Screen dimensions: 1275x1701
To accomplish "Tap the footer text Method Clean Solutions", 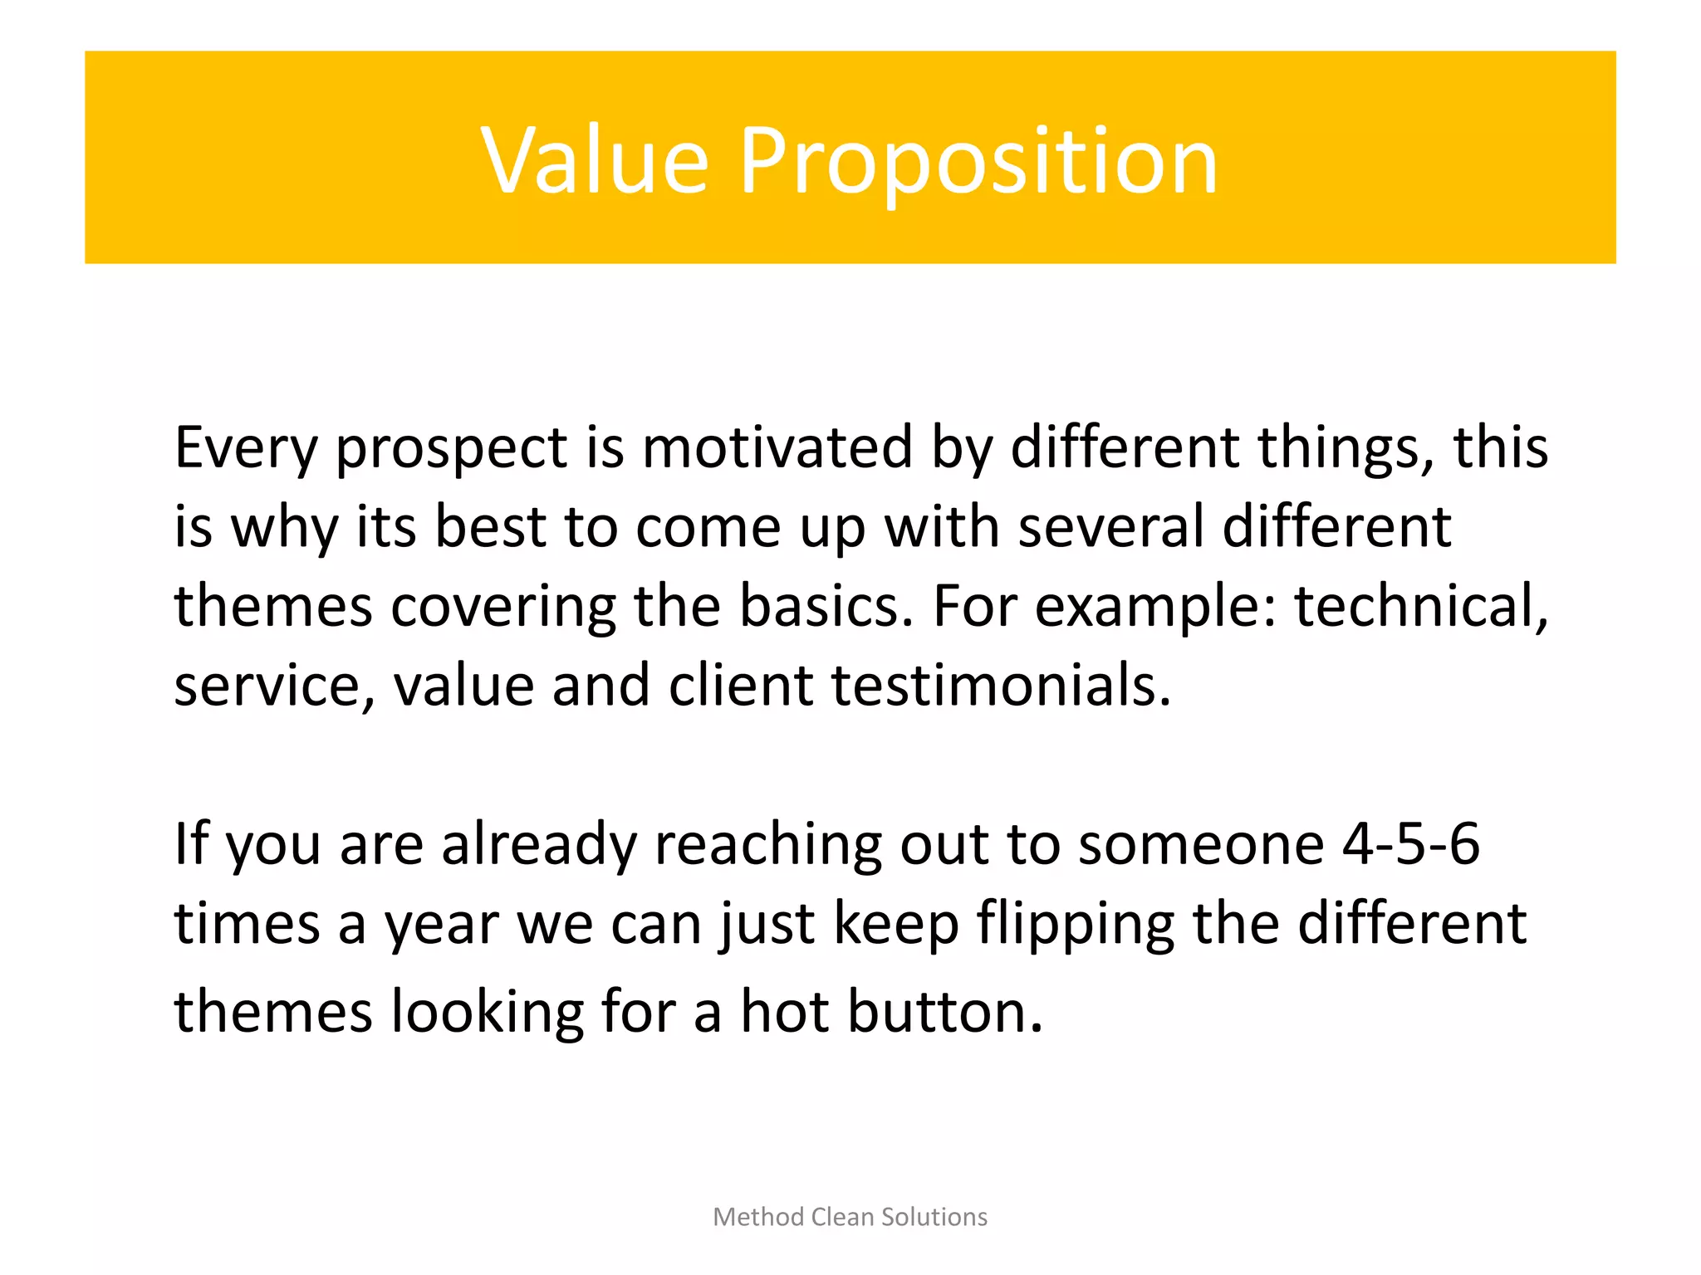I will pyautogui.click(x=850, y=1217).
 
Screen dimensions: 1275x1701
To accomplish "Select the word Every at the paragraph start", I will pyautogui.click(x=246, y=448).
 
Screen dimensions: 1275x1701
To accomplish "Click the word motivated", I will pyautogui.click(x=777, y=448).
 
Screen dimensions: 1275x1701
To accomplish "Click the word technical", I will pyautogui.click(x=1420, y=606).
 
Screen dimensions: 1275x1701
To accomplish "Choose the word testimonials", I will pyautogui.click(x=1001, y=686).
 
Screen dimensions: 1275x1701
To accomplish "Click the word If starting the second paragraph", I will pyautogui.click(x=190, y=844).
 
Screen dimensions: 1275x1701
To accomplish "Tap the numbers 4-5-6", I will pyautogui.click(x=1410, y=844).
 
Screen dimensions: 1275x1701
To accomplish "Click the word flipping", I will pyautogui.click(x=1076, y=924).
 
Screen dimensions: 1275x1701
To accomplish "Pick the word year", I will pyautogui.click(x=441, y=924).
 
